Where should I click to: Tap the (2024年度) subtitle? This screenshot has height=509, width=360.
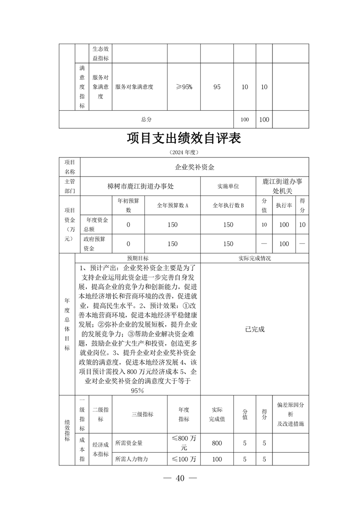coord(183,152)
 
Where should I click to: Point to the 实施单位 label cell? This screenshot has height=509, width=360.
coord(228,186)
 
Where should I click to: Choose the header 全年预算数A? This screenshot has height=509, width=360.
coord(173,206)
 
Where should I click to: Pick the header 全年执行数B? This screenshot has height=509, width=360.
coord(228,206)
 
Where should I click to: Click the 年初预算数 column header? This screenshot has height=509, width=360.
coord(128,206)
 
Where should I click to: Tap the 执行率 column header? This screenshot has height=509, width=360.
coord(284,206)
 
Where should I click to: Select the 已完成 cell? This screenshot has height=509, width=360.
coord(254,329)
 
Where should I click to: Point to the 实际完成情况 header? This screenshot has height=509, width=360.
coord(254,258)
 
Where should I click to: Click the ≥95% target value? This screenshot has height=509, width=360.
coord(184,87)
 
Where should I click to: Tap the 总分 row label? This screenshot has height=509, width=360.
coord(146,119)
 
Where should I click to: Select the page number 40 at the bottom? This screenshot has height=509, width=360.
coord(180,478)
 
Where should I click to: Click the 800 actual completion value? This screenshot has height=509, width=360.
coord(217,443)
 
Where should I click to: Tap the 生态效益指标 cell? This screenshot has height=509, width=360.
coord(100,54)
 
